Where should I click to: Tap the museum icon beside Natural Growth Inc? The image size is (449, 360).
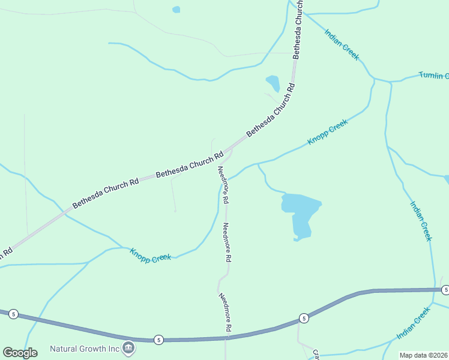pos(128,347)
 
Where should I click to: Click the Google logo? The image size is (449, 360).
pos(20,352)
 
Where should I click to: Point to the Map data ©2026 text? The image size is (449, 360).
pos(423,355)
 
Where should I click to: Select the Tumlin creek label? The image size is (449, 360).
pos(433,76)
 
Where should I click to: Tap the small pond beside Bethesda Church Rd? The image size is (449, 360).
pos(273,83)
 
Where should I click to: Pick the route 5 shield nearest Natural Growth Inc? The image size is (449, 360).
pos(158,340)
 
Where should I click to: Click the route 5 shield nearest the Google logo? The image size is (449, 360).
pos(14,314)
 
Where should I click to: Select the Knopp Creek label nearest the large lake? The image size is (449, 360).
pos(327,132)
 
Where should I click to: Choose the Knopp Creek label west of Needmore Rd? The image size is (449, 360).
pos(151,254)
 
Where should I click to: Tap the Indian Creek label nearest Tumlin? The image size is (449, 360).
pos(342,44)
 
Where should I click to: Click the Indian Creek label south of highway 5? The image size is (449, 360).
pos(414,323)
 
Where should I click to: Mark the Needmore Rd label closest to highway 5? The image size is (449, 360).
pos(225,312)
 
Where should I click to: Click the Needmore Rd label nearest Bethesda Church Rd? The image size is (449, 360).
pos(223,183)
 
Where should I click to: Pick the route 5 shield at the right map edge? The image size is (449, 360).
pos(445,290)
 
